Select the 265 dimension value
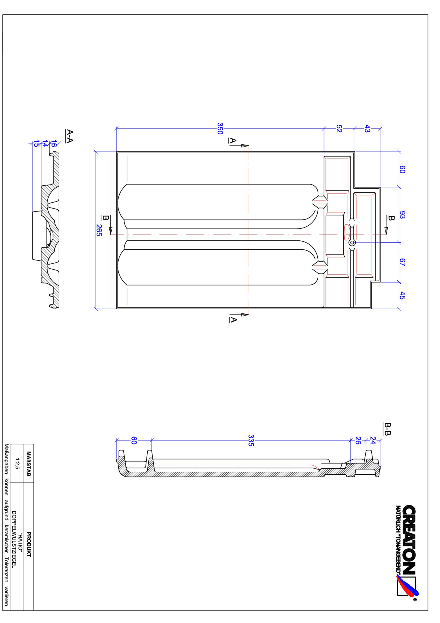pos(99,230)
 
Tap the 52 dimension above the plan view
pos(339,129)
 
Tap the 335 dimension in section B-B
pos(251,440)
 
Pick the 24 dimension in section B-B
pos(373,440)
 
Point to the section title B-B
pos(387,429)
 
